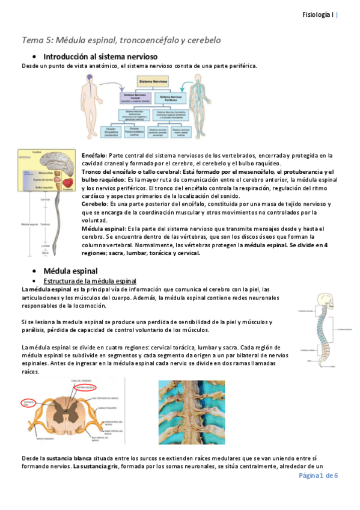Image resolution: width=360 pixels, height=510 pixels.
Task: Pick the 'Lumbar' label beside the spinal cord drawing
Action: (x=46, y=245)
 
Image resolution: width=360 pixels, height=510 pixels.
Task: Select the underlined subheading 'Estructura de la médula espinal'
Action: (x=90, y=281)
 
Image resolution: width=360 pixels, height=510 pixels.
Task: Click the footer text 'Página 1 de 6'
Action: (x=318, y=475)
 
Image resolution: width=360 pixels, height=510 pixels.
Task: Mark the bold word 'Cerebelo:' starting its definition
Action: (x=95, y=204)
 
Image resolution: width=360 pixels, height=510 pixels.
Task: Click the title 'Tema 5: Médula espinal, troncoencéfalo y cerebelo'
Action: (x=121, y=40)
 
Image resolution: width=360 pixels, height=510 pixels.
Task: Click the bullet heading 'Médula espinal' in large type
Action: (x=66, y=271)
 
